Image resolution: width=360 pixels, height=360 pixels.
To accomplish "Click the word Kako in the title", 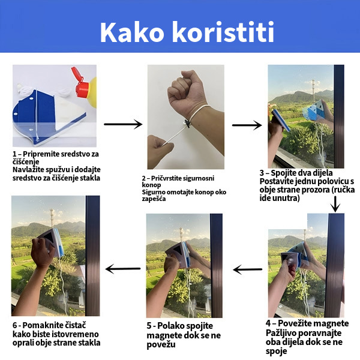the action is point(132,32).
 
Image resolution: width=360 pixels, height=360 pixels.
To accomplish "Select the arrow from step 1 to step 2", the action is point(123,124).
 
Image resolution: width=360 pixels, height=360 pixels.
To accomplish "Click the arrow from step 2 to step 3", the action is point(247,125).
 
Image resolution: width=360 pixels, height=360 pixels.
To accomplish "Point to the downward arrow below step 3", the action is point(335,204).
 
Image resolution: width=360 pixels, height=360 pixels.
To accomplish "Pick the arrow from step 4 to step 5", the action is point(247,269).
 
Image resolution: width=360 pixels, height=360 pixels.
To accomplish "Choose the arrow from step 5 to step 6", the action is point(123,269).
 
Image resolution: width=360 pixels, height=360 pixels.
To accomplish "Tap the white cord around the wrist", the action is point(197,113).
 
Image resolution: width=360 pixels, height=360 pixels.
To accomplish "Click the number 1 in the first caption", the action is point(14,154).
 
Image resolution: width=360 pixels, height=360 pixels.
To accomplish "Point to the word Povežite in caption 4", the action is point(293,323).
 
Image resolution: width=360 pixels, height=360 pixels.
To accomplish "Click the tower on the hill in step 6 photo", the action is point(52,217).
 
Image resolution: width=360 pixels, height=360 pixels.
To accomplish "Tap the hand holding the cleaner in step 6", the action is point(43,252).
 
